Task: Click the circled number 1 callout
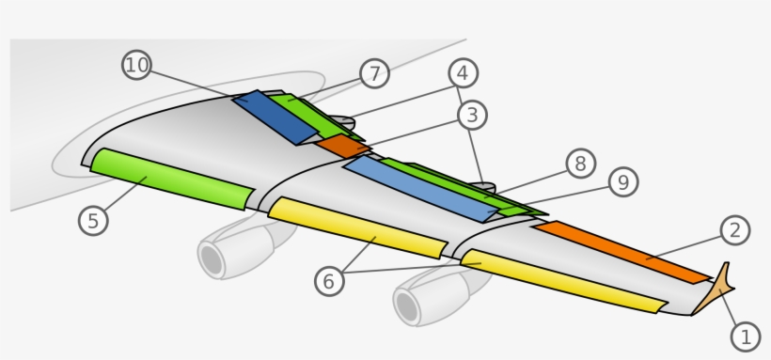coord(746,336)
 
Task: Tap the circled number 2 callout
coord(735,229)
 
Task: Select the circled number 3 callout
coord(472,116)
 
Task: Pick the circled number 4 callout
coord(463,72)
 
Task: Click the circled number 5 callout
coord(93,220)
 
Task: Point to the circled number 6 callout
coord(328,280)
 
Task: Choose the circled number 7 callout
coord(374,73)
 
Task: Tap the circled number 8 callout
coord(580,164)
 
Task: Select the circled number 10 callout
coord(136,65)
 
